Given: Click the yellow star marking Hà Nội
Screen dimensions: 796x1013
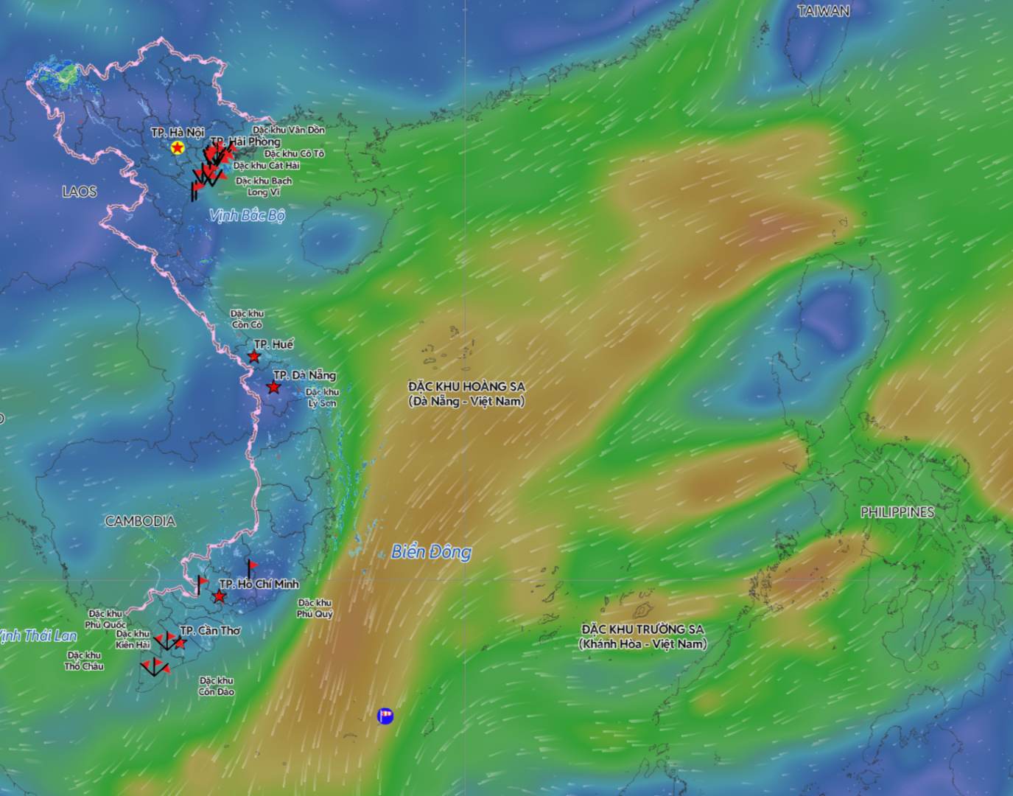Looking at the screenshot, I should point(177,148).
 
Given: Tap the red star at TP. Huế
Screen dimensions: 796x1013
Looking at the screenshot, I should point(254,357).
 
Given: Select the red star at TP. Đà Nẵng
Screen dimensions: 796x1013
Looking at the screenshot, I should point(273,387).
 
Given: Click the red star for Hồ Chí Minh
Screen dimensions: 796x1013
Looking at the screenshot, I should point(220,596).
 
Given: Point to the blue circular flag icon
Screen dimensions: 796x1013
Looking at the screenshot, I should point(385,716).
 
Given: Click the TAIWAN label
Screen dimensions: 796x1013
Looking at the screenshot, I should point(823,11).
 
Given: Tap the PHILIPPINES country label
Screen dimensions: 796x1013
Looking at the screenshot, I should point(897,512).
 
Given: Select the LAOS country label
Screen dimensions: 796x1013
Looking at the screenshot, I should point(80,192).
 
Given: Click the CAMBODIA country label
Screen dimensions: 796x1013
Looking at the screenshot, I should point(140,521).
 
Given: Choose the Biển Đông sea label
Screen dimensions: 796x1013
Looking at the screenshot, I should point(431,551).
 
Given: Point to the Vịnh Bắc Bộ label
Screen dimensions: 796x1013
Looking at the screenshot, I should point(247,215).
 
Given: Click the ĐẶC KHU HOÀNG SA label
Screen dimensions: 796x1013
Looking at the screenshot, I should point(466,394).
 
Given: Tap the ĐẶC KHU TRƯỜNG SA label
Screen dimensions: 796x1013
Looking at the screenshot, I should point(642,636).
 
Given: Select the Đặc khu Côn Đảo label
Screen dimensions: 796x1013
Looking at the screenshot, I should point(216,686).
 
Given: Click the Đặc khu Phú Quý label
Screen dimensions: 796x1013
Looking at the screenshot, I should point(315,608).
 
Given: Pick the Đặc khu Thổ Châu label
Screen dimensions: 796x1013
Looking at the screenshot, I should point(84,660).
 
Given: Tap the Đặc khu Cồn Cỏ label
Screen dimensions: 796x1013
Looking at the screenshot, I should point(247,319).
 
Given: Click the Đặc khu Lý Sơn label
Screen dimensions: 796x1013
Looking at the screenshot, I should point(322,397).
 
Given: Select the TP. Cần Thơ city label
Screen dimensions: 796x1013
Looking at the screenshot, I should point(210,630).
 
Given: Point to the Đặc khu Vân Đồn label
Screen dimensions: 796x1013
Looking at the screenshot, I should point(288,130).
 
